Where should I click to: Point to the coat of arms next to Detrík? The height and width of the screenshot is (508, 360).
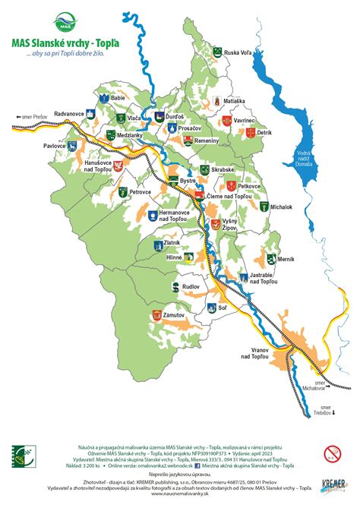248,132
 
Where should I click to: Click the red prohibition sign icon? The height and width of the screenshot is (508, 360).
331,454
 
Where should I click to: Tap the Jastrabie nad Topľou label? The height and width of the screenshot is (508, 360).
268,279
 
